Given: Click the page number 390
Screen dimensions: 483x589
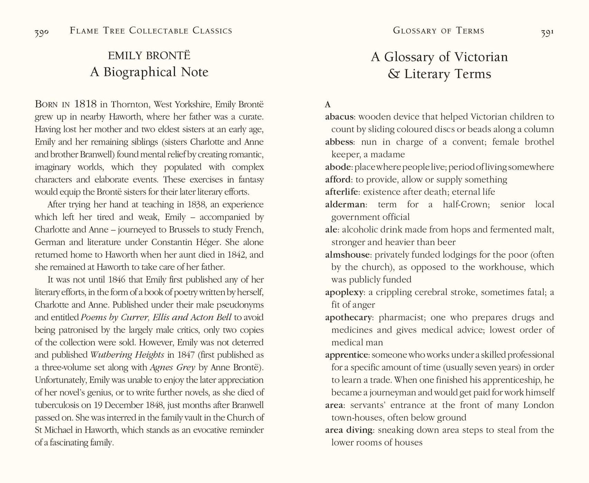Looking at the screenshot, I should tap(42, 33).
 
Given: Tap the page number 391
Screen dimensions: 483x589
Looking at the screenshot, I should tap(547, 33).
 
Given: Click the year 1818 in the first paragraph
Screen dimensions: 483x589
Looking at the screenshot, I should tap(85, 104).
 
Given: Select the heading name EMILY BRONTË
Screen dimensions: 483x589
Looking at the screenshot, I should tap(149, 56).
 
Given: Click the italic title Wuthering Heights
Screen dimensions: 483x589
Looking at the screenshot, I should tap(127, 355).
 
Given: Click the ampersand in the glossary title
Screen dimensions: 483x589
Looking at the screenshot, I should tap(394, 74).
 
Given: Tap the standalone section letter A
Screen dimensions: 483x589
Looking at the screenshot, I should tap(328, 104).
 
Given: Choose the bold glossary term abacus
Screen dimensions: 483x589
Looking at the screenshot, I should tap(339, 117).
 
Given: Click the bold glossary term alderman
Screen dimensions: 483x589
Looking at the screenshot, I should tap(345, 204).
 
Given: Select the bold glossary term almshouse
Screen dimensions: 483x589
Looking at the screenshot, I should tap(347, 255).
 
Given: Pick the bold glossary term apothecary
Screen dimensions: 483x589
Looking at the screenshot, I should tap(348, 317).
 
